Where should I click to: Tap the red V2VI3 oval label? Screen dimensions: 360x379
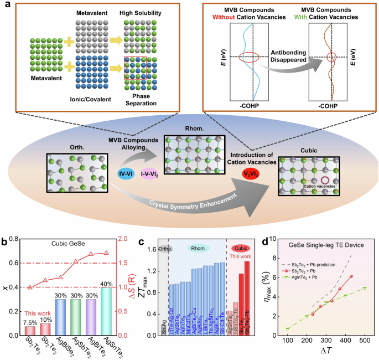point(239,173)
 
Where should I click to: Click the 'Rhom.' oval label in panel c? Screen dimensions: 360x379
point(198,249)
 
